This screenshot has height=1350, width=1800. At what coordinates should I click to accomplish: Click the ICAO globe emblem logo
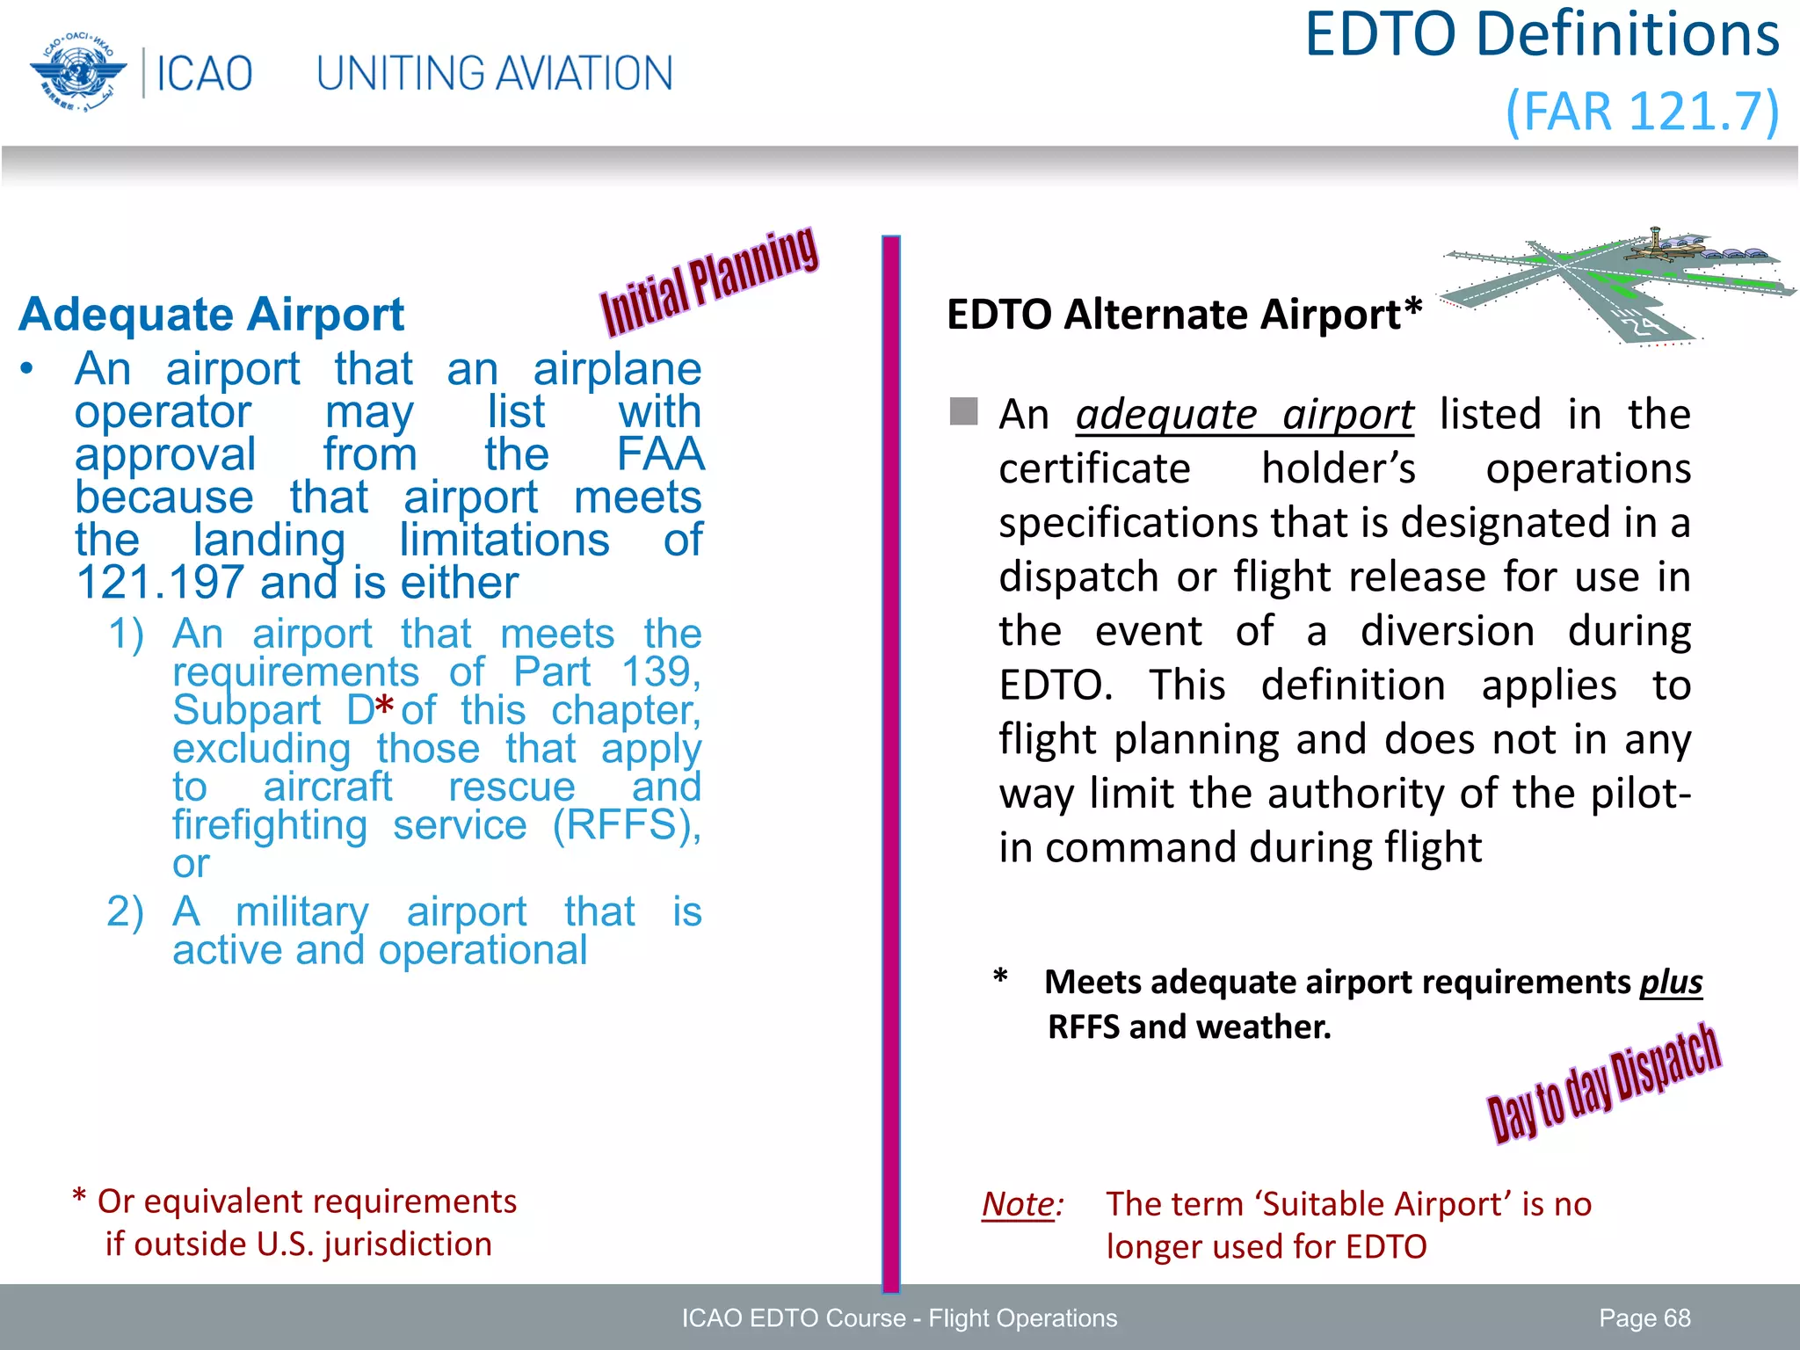pyautogui.click(x=77, y=73)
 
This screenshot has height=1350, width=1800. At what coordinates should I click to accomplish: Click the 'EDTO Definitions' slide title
pyautogui.click(x=1542, y=35)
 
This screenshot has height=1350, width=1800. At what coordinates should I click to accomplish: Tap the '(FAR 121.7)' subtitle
pyautogui.click(x=1642, y=112)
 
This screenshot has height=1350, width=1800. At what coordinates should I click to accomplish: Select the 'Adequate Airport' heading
pyautogui.click(x=212, y=315)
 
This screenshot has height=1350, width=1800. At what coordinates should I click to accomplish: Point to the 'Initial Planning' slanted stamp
pyautogui.click(x=708, y=282)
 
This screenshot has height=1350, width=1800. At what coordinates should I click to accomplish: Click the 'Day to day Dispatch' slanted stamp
pyautogui.click(x=1603, y=1083)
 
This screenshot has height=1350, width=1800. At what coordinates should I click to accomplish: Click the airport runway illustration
pyautogui.click(x=1615, y=283)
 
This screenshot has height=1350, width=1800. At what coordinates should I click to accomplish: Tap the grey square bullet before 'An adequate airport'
pyautogui.click(x=963, y=411)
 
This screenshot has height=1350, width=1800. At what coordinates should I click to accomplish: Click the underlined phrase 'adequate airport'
pyautogui.click(x=1245, y=415)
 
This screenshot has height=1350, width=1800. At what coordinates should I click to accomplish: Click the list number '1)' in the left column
pyautogui.click(x=126, y=634)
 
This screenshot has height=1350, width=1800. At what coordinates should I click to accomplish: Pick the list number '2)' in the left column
pyautogui.click(x=125, y=911)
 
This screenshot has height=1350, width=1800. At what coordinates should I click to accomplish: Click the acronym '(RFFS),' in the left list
pyautogui.click(x=627, y=825)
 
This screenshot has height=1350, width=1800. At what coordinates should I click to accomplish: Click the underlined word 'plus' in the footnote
pyautogui.click(x=1671, y=982)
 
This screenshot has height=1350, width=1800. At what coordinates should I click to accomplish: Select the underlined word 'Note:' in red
pyautogui.click(x=1022, y=1204)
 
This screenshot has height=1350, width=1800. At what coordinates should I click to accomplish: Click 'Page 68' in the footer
pyautogui.click(x=1644, y=1317)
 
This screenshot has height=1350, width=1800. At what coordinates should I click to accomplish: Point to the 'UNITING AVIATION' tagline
pyautogui.click(x=494, y=74)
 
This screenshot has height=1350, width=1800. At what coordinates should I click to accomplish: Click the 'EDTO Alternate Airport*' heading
pyautogui.click(x=1184, y=314)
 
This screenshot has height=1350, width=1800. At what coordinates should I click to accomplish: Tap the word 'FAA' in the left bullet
pyautogui.click(x=660, y=454)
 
